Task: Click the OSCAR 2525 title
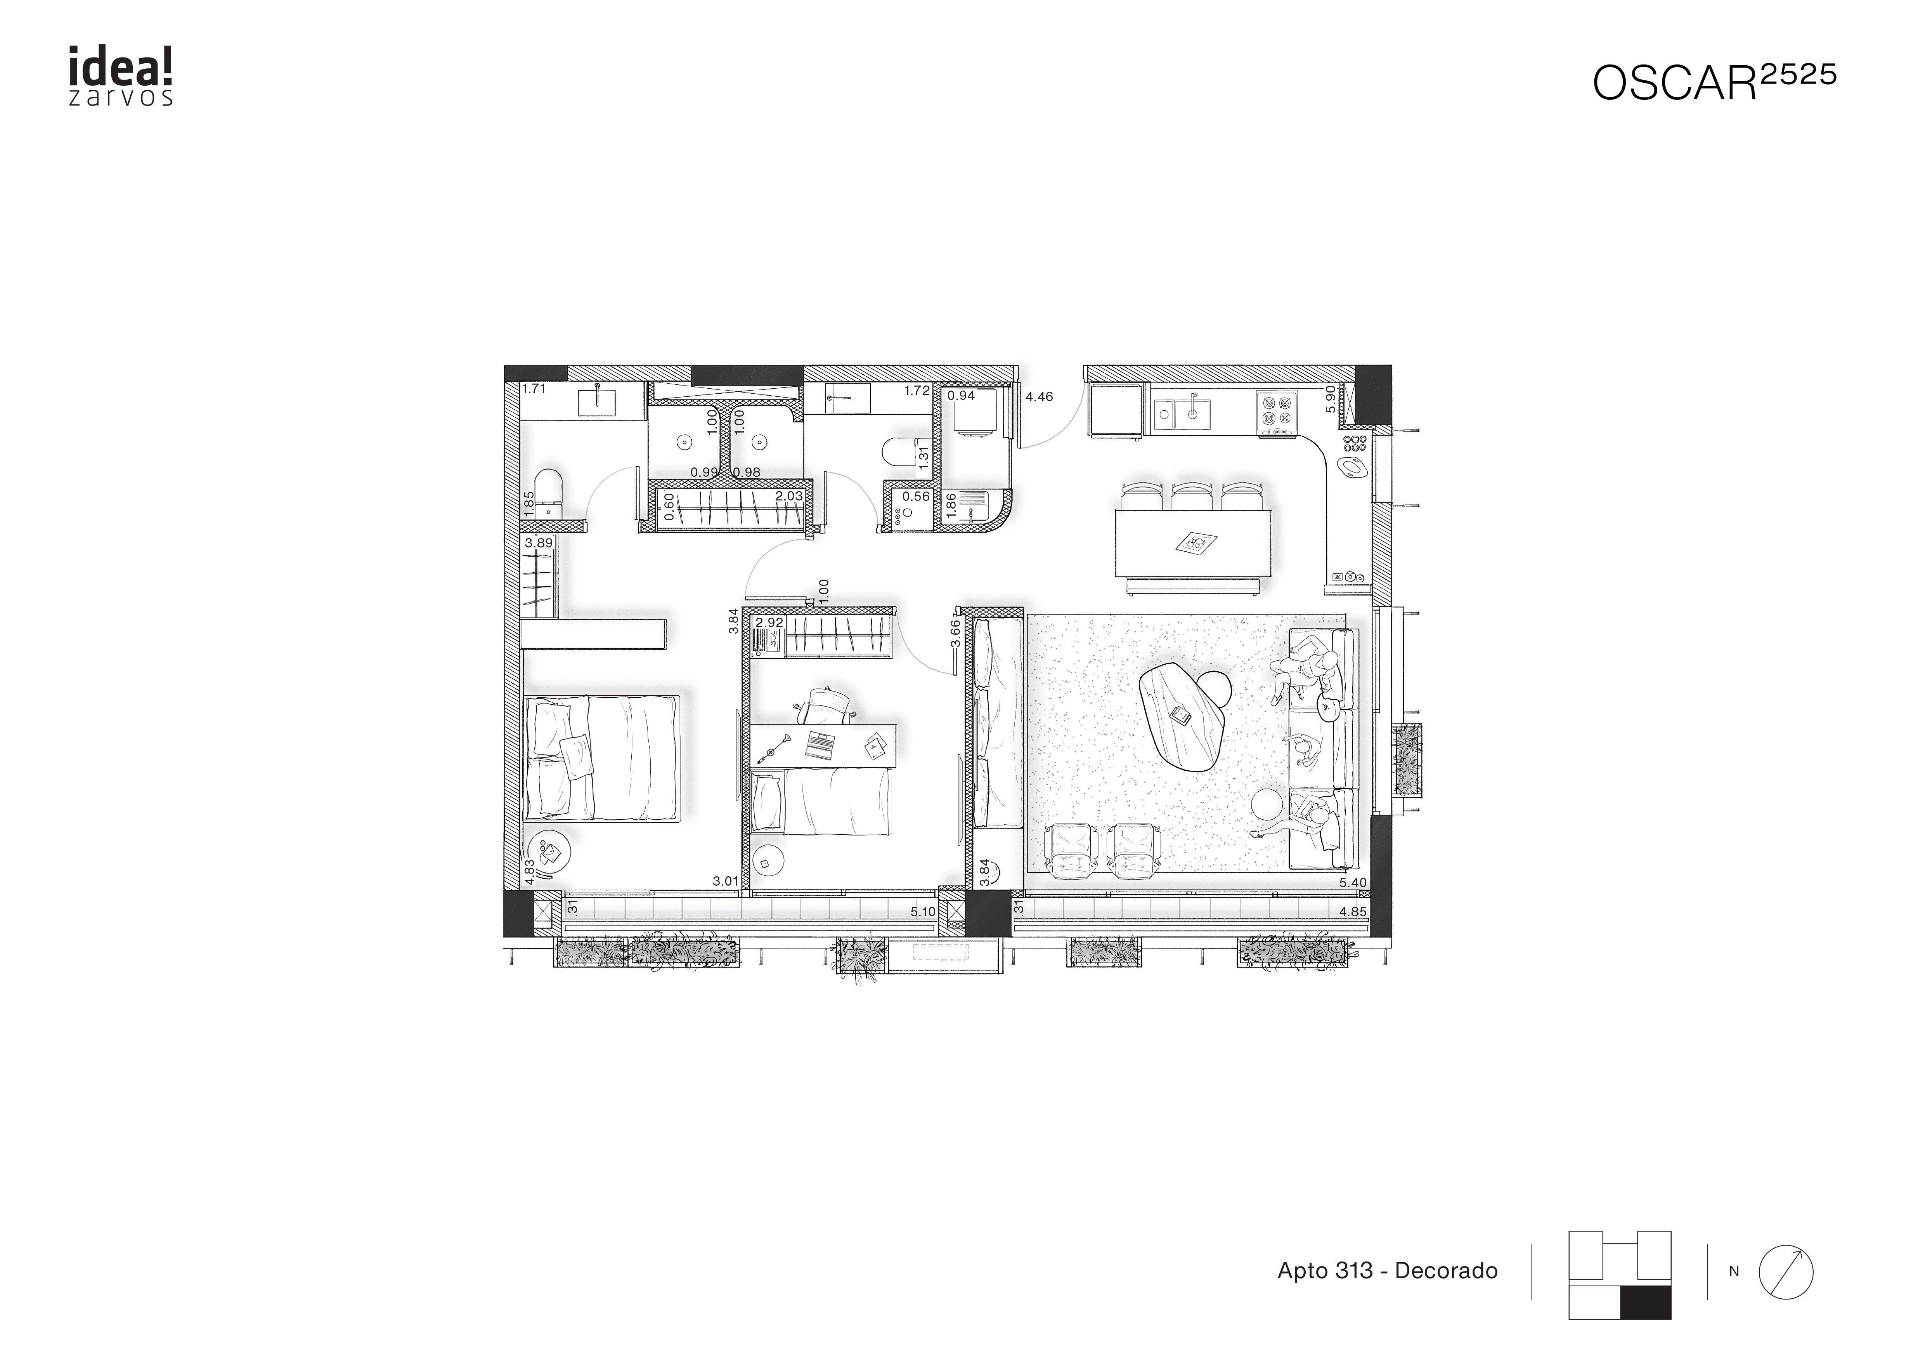1714,82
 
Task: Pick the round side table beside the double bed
553,854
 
